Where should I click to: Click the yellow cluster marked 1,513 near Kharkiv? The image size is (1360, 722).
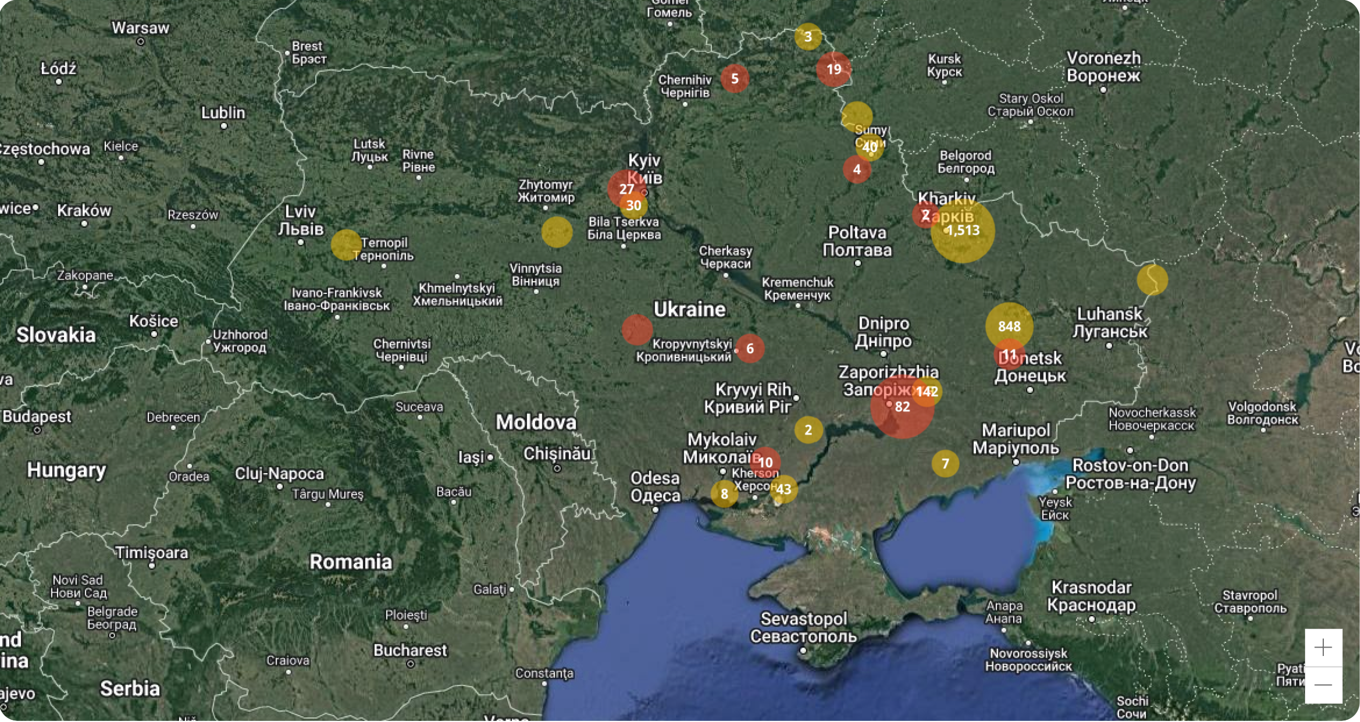[963, 231]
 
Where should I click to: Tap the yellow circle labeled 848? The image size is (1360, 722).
[1009, 326]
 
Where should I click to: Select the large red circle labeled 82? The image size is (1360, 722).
[902, 407]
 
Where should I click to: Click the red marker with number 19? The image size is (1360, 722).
[833, 69]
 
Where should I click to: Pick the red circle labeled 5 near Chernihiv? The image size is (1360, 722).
[734, 79]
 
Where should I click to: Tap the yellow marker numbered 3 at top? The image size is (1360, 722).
[808, 37]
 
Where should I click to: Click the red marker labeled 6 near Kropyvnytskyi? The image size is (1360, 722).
[750, 348]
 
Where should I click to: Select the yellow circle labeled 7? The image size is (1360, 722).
[945, 464]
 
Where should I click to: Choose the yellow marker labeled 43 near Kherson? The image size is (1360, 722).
[784, 489]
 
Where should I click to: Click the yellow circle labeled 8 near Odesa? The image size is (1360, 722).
[725, 494]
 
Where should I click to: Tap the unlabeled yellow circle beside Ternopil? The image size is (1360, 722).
[346, 245]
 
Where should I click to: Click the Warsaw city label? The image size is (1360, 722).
[140, 28]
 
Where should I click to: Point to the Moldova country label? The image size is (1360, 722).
[536, 422]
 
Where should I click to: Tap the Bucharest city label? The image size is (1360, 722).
[410, 650]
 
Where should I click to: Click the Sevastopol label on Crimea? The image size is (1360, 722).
[804, 618]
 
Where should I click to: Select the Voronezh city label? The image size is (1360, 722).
[1103, 58]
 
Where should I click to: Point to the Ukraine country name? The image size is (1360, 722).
[689, 310]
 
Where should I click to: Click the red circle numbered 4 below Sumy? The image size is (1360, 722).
[857, 170]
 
